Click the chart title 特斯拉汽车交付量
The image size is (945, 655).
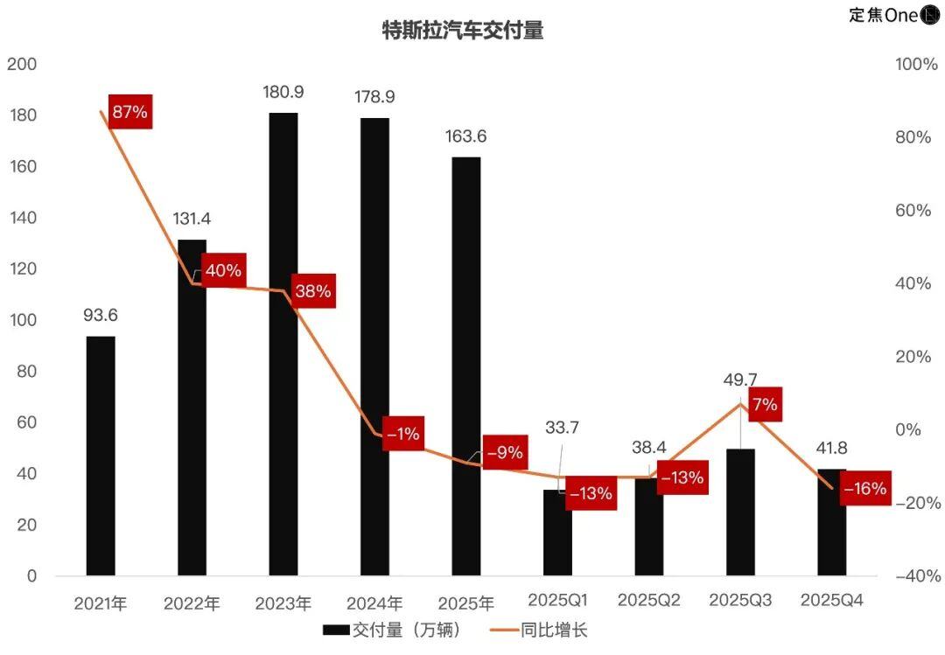click(x=463, y=31)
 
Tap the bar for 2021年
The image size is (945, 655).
click(x=101, y=456)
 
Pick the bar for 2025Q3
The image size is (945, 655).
click(x=740, y=512)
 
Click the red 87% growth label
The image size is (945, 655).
click(x=129, y=111)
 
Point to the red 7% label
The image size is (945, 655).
click(x=764, y=405)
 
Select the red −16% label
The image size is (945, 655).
click(x=865, y=488)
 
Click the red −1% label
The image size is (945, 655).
click(x=402, y=432)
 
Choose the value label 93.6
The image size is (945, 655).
click(x=101, y=315)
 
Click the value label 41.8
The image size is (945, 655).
click(x=831, y=449)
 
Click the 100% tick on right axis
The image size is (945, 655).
click(x=916, y=65)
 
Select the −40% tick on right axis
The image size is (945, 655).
click(x=917, y=575)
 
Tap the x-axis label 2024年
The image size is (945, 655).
click(x=374, y=603)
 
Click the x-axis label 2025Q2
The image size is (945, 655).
click(x=649, y=600)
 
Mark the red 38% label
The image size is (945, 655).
click(x=312, y=290)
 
